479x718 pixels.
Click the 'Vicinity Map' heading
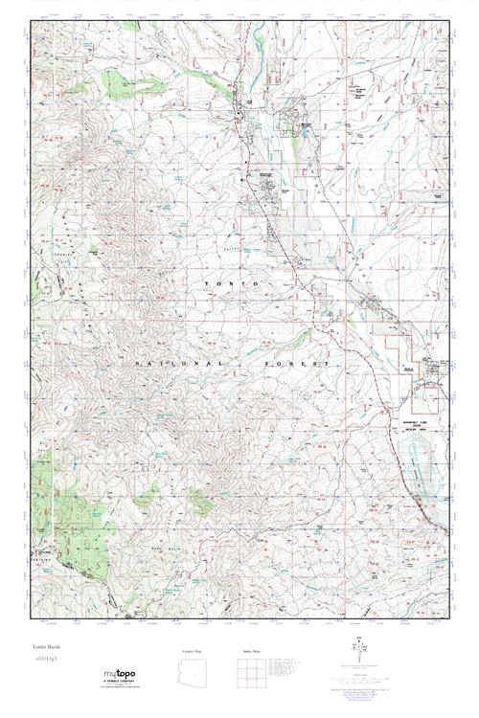point(192,651)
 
